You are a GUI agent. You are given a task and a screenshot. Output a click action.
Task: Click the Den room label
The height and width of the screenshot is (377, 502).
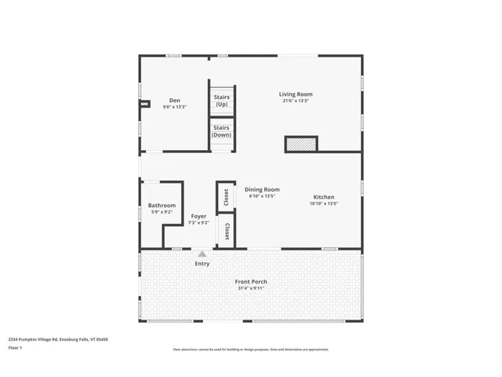coord(175,101)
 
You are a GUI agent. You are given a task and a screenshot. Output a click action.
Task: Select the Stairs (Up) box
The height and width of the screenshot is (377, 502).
coord(222,101)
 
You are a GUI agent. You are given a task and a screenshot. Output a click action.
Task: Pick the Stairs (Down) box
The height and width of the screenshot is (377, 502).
coord(222,131)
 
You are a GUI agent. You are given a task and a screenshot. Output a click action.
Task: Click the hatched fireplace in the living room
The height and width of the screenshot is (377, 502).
coord(300,144)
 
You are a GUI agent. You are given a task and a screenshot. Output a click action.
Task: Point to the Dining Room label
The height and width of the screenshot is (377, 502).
coord(262,189)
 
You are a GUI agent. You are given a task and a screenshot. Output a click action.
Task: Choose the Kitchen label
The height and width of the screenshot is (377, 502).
coord(324,197)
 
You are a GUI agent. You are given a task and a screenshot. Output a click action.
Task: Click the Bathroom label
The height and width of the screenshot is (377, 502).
coord(162,206)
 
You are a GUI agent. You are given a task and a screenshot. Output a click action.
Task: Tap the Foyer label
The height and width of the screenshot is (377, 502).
coord(199,216)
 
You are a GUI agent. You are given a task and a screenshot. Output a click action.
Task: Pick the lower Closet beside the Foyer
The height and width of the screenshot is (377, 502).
coord(227,232)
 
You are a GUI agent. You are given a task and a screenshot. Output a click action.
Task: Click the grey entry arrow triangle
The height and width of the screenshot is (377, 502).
coord(202,254)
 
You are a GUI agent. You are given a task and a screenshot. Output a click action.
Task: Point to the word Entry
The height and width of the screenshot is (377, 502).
coord(202,264)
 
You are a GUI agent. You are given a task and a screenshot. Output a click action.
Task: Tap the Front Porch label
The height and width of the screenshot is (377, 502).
coord(251,281)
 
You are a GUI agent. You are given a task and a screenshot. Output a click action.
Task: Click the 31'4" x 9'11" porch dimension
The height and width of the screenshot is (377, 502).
coord(251,288)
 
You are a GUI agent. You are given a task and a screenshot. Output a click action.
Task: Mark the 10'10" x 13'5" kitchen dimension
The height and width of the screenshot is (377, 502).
coord(324,204)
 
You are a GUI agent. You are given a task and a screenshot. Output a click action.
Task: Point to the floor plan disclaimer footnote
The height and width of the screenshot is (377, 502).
coord(251,350)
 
